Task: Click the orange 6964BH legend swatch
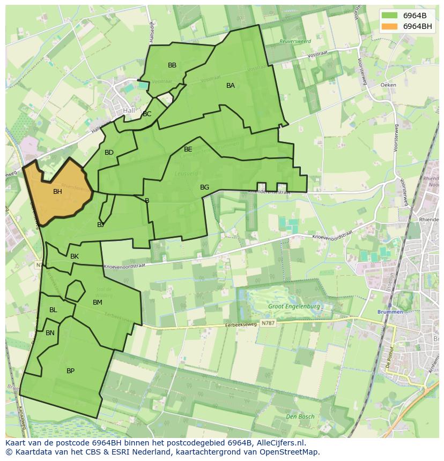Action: tap(390, 26)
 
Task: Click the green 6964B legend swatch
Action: tap(390, 15)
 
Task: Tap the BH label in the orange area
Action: tap(57, 191)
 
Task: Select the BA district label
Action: tap(231, 86)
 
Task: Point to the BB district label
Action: tap(172, 65)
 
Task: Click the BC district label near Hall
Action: tap(147, 114)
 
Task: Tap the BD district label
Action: tap(109, 153)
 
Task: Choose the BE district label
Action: tap(188, 149)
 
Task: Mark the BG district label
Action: tap(204, 187)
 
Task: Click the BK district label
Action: tap(75, 256)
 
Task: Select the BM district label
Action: tap(97, 303)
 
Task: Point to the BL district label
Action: tap(53, 310)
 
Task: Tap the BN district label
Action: tap(50, 333)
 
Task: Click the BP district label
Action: tap(70, 371)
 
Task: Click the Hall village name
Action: tap(129, 110)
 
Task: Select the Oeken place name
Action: tap(388, 85)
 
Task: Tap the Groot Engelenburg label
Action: tap(294, 307)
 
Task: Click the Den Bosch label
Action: tap(300, 417)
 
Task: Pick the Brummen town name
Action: tap(390, 312)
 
